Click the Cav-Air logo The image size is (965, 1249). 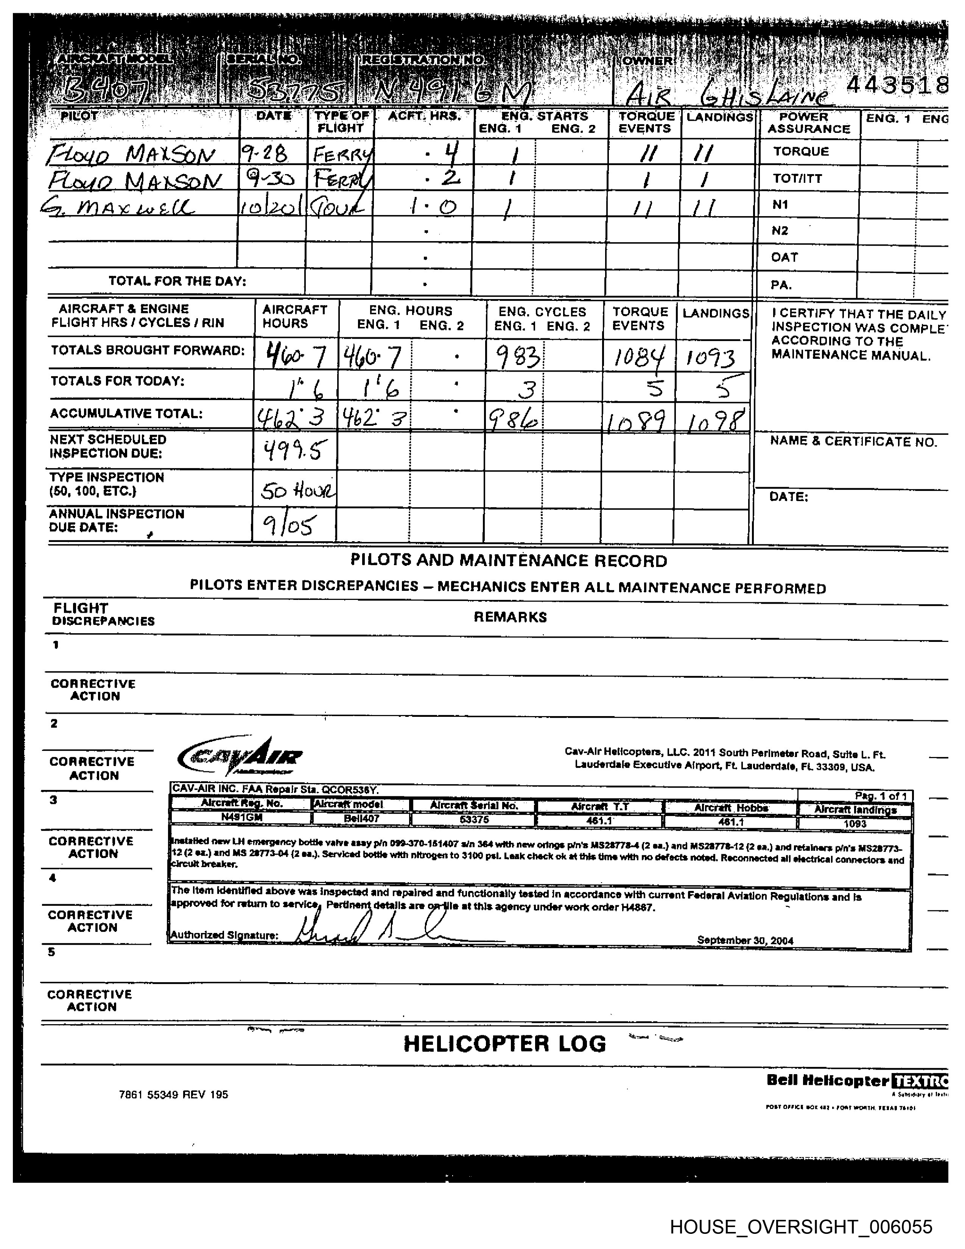[240, 756]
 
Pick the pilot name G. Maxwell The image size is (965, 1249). [118, 206]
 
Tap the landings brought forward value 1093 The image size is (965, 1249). [711, 358]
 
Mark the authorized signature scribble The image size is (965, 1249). [366, 928]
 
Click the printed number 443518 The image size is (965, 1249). [897, 86]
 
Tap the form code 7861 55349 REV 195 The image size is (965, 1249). [173, 1095]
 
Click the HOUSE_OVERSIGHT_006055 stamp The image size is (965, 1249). [800, 1226]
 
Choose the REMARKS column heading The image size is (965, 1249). [510, 617]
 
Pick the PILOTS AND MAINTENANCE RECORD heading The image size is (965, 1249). [508, 561]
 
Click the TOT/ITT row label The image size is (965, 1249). [797, 178]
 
